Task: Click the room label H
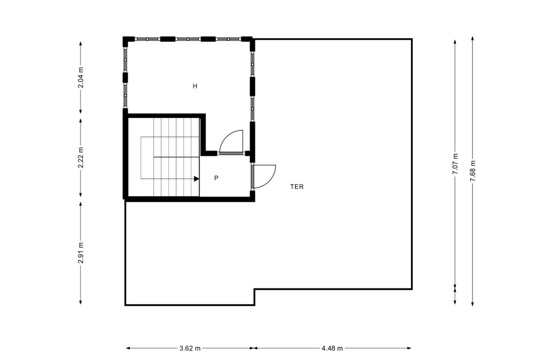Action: tap(195, 86)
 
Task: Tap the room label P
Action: tap(216, 178)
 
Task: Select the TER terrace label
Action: tap(297, 187)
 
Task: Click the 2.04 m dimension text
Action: tap(81, 78)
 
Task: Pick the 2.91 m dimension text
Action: tap(81, 254)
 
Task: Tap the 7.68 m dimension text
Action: tap(472, 171)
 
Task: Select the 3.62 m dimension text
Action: tap(190, 348)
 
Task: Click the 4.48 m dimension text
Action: tap(332, 348)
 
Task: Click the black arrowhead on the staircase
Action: tap(196, 179)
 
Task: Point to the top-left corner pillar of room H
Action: tap(126, 41)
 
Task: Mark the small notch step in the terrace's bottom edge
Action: tap(255, 297)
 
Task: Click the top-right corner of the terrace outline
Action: tap(412, 39)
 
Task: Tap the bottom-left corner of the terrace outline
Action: tap(126, 305)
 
